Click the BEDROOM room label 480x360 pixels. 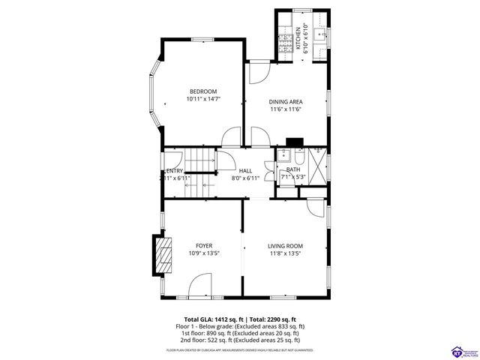(202, 91)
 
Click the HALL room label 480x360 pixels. (244, 170)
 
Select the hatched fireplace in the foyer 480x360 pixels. (163, 255)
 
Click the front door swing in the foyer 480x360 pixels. (199, 285)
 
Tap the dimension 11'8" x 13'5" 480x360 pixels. (285, 253)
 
